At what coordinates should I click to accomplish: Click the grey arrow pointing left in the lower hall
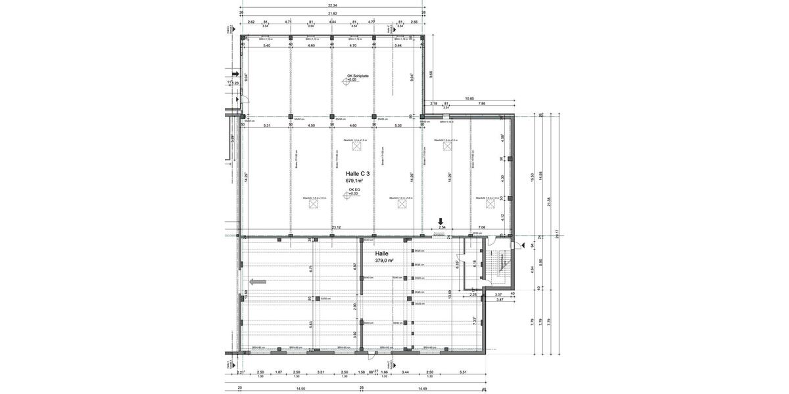(x=258, y=281)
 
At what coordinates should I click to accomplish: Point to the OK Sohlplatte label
(x=358, y=76)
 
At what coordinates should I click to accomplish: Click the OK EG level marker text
(x=353, y=190)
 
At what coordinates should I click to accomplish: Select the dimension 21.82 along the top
(x=333, y=13)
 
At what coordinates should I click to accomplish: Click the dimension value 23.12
(x=337, y=228)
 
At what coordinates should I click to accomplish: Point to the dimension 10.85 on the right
(x=469, y=98)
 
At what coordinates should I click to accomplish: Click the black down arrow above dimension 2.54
(x=442, y=222)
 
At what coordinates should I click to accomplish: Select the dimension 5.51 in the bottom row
(x=463, y=372)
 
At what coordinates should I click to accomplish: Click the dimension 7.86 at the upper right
(x=482, y=104)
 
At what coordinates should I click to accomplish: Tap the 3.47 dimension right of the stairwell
(x=499, y=299)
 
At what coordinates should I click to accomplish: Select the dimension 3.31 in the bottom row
(x=320, y=372)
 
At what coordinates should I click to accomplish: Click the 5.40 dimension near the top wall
(x=267, y=46)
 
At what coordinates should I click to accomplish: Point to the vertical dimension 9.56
(x=431, y=74)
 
